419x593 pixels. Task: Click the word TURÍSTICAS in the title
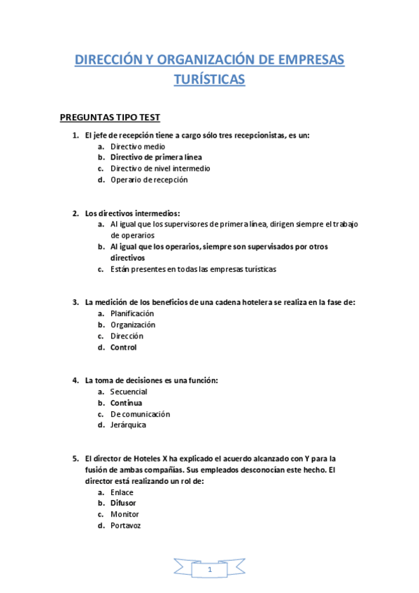[209, 80]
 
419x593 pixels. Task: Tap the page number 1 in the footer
[209, 571]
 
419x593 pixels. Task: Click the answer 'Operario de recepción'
[148, 180]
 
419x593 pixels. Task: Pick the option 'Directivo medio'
[138, 146]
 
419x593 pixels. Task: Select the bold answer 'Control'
[123, 347]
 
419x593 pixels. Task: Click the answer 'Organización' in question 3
[133, 324]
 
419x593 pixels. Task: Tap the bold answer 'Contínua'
[126, 403]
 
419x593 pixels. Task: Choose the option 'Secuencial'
[128, 392]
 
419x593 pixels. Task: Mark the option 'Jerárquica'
[128, 425]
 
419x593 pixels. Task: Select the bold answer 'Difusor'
[123, 503]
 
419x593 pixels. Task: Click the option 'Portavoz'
[125, 525]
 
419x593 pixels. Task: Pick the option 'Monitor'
[125, 514]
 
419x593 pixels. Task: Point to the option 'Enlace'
[122, 492]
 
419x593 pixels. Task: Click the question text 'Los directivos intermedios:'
[132, 213]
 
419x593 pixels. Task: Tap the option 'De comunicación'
[140, 414]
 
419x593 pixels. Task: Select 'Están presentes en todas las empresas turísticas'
[193, 269]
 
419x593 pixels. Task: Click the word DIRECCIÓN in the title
[107, 61]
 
